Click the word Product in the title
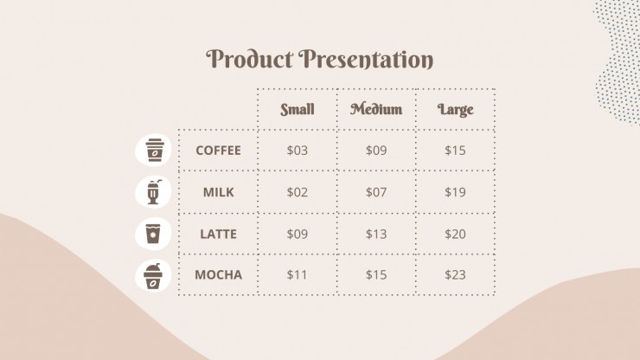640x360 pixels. point(249,59)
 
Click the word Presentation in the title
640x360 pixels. point(366,59)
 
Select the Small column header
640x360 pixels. point(298,109)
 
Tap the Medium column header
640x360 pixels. point(376,109)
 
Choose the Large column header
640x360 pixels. point(455,110)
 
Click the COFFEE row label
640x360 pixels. point(218,151)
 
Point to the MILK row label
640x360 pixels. point(218,192)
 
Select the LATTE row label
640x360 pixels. point(218,235)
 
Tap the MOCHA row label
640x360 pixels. point(218,274)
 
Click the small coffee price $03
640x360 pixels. point(298,151)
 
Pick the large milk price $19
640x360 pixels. point(455,192)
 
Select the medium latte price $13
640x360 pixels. point(376,235)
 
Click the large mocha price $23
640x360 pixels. point(455,274)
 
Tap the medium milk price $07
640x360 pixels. point(376,192)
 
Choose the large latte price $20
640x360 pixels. point(455,235)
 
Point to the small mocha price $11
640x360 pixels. point(297,274)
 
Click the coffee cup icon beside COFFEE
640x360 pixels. point(153,150)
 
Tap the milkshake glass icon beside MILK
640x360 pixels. point(153,191)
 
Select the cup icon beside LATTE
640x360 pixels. point(153,234)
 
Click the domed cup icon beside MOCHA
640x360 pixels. point(153,276)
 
